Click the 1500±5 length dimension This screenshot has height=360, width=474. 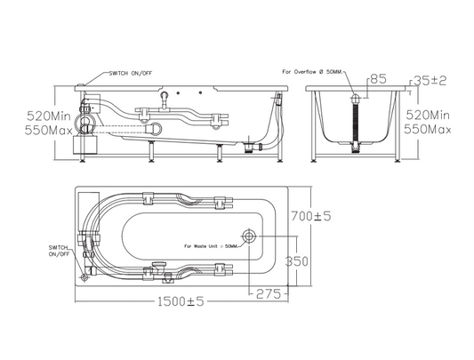click(181, 301)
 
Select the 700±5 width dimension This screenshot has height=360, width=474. click(311, 216)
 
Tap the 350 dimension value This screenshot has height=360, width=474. click(297, 261)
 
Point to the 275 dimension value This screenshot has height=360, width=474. click(269, 294)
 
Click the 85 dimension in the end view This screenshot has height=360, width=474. click(379, 79)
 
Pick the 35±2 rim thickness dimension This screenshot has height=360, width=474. click(430, 81)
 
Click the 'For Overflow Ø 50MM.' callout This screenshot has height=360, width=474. click(312, 72)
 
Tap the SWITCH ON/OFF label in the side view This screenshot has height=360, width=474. click(131, 73)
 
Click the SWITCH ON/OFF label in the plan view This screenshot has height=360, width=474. click(60, 251)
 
